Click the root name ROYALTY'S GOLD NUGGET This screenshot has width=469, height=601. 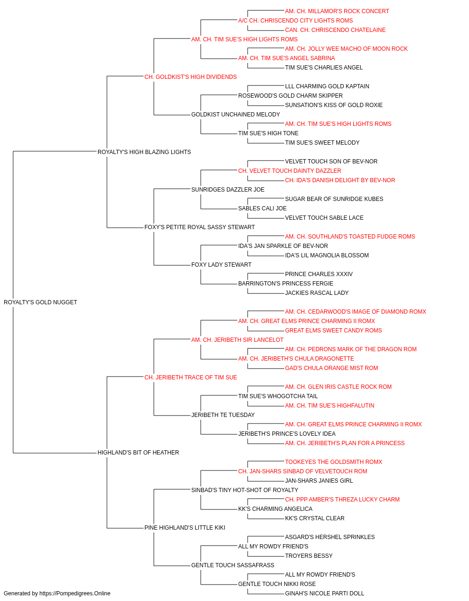tap(40, 302)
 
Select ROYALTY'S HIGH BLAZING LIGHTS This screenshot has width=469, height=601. tap(144, 152)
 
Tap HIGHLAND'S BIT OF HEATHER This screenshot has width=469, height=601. tap(138, 453)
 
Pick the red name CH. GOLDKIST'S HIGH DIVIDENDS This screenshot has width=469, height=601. tap(190, 77)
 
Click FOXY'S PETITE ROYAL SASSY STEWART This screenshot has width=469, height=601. tap(199, 227)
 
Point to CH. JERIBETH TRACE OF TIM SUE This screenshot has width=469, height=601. tap(190, 377)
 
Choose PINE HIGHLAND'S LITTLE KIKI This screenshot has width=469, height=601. tap(185, 527)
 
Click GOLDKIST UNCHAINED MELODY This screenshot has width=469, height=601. tap(235, 115)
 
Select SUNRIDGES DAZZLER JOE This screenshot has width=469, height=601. tap(228, 189)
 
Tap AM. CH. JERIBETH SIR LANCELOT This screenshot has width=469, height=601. tap(237, 339)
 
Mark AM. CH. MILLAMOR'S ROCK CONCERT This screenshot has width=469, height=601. tap(337, 11)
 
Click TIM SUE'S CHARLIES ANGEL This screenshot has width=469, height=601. tap(324, 68)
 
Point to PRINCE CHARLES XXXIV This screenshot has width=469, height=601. tap(319, 274)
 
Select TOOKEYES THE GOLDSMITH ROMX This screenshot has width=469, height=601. tap(333, 462)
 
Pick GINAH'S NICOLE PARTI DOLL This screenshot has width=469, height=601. tap(325, 593)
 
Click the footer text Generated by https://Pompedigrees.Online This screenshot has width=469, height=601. tap(57, 593)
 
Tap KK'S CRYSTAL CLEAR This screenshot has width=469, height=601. tap(315, 518)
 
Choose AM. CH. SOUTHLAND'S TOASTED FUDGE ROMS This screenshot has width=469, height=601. tap(350, 237)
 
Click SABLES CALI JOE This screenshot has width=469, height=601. tap(262, 208)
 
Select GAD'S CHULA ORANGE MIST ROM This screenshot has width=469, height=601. tap(332, 368)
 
